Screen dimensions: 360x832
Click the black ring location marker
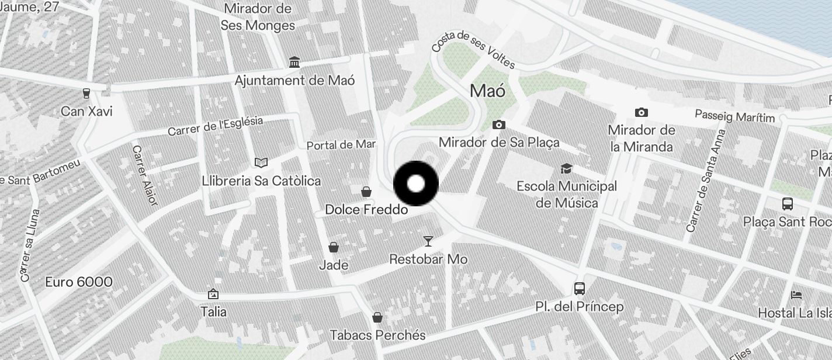[x=416, y=184]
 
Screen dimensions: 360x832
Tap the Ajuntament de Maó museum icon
[x=294, y=63]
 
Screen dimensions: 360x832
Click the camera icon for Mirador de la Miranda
[x=641, y=112]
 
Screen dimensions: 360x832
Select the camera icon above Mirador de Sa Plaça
[x=498, y=124]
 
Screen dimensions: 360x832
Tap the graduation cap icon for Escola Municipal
[x=566, y=169]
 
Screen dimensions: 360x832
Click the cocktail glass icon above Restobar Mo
[x=428, y=241]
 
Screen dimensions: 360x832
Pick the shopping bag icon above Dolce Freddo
[x=366, y=191]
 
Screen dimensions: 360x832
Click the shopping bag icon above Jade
[x=334, y=247]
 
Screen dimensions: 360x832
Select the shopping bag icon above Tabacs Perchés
[x=377, y=317]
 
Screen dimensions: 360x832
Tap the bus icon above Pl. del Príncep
[x=580, y=288]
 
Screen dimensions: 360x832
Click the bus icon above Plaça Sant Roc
[x=788, y=204]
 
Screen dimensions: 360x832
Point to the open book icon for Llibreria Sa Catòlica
[x=261, y=162]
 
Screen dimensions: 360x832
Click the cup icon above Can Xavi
[x=86, y=93]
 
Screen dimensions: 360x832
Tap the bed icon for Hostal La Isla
[x=796, y=295]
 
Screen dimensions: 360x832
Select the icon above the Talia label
[x=213, y=294]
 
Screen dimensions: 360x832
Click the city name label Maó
[x=488, y=91]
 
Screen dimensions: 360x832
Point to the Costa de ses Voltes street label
[x=473, y=50]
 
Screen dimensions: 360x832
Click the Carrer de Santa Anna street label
[x=706, y=181]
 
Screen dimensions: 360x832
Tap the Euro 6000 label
[x=79, y=282]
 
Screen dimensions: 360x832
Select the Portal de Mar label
[x=341, y=144]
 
